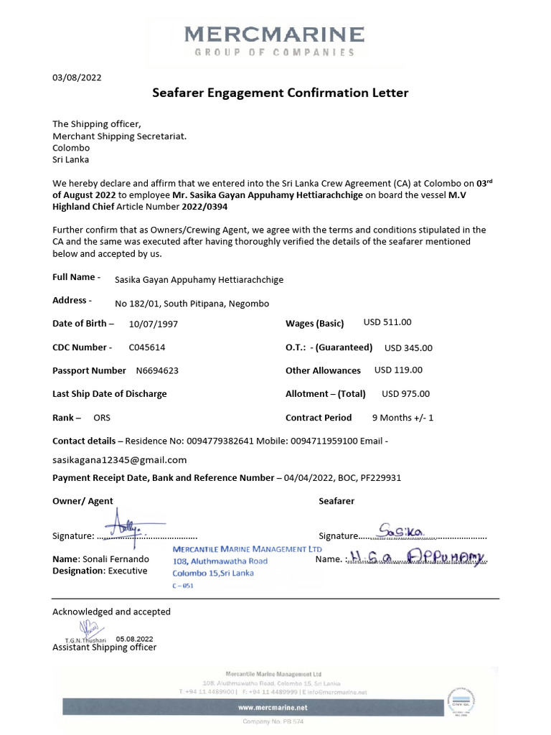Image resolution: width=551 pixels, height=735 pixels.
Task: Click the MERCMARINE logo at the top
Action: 274,41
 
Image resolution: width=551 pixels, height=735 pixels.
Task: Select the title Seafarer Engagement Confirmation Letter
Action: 281,93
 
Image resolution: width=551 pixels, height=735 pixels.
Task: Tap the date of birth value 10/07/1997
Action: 154,324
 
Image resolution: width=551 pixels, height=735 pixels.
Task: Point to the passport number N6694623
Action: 157,371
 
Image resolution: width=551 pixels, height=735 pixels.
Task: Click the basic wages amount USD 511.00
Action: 387,323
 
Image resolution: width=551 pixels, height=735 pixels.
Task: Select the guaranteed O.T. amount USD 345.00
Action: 408,348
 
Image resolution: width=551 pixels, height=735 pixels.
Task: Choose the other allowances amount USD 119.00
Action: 398,370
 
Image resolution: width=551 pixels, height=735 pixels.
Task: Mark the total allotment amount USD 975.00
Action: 405,393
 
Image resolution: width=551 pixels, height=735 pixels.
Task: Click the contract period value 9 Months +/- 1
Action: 402,417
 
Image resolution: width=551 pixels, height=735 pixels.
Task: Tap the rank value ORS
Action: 102,417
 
